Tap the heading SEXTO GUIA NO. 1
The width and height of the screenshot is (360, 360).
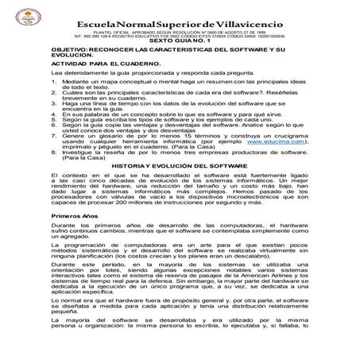click(x=180, y=38)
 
